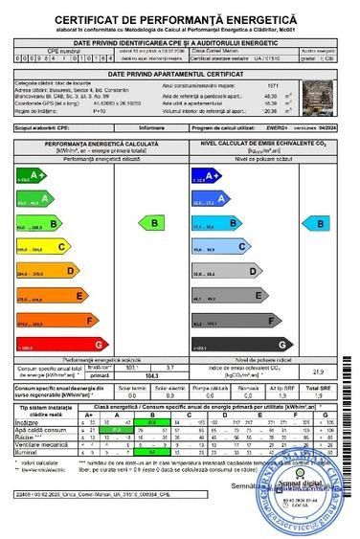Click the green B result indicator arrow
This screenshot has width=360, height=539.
pyautogui.click(x=152, y=222)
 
